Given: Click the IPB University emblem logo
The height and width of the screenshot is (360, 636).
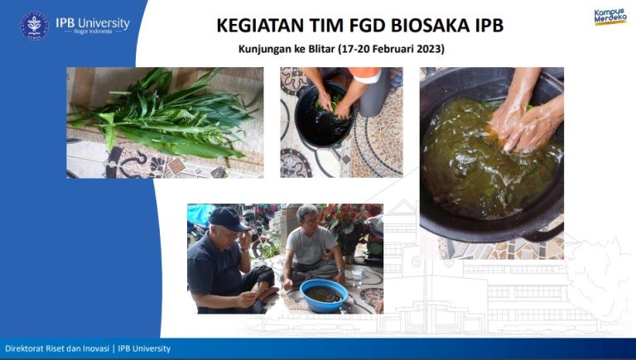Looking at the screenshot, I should point(34,25).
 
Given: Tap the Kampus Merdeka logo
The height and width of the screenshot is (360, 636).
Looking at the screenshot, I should point(610,16).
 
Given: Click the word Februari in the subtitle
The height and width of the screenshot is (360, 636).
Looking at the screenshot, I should point(387,49).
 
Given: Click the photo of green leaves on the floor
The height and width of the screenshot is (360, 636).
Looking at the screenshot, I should point(165,122).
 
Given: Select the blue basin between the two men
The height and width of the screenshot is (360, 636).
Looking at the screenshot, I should point(324,295).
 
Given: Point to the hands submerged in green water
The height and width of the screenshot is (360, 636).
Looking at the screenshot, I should point(522,124).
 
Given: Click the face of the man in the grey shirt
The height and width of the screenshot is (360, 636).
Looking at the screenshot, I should point(308,218).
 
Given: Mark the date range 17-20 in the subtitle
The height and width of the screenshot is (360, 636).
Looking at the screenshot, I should point(358,49).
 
